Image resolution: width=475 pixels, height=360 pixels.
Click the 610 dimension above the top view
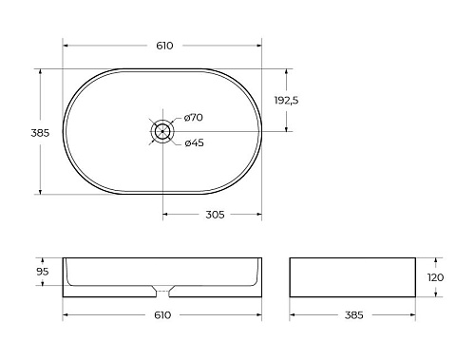tap(162, 46)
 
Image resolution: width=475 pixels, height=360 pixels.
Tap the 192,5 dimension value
tap(288, 100)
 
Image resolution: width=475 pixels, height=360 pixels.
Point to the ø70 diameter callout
tap(195, 117)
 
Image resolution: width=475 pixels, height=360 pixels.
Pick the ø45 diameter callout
tap(194, 143)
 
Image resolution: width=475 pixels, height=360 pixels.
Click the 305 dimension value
tap(215, 215)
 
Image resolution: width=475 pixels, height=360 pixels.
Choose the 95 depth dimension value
tap(42, 271)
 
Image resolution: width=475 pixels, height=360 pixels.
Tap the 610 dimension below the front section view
tap(162, 314)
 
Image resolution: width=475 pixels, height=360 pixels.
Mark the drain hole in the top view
tap(163, 130)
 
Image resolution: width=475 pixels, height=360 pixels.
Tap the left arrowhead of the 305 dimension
tap(166, 214)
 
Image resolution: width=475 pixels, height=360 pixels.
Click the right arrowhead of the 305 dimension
tap(259, 214)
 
